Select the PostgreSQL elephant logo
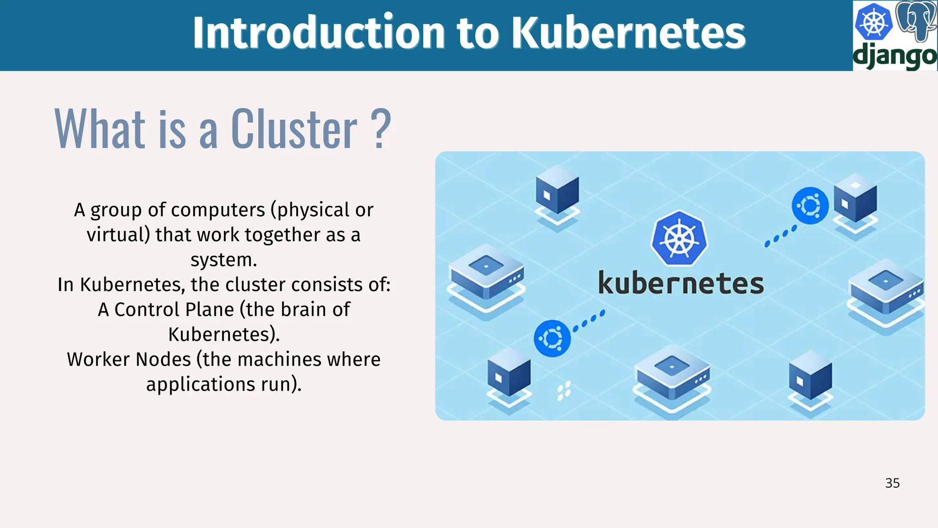pos(916,21)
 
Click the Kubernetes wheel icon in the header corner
pos(873,22)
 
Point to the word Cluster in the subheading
pos(294,130)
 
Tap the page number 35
pos(892,483)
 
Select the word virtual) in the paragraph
pos(118,235)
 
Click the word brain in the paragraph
pos(303,310)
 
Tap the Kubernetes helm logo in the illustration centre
pos(679,238)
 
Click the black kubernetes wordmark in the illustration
pos(681,283)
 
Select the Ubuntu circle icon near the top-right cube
pos(810,206)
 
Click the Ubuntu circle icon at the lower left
pos(552,338)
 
